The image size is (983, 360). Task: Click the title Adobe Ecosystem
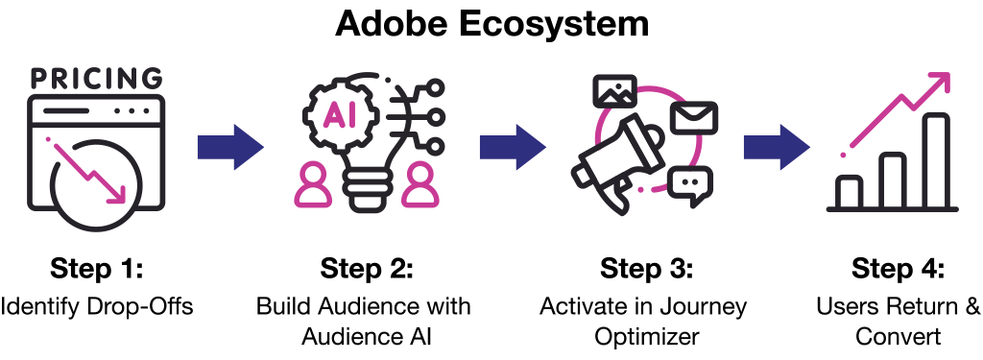pyautogui.click(x=491, y=23)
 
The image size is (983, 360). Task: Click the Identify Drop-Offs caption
pyautogui.click(x=97, y=307)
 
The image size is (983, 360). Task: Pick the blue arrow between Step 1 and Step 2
pyautogui.click(x=230, y=147)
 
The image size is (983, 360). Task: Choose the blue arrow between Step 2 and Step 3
pyautogui.click(x=513, y=147)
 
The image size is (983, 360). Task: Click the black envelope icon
pyautogui.click(x=693, y=118)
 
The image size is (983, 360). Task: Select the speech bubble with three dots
pyautogui.click(x=690, y=185)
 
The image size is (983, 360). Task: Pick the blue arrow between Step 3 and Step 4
pyautogui.click(x=776, y=147)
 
